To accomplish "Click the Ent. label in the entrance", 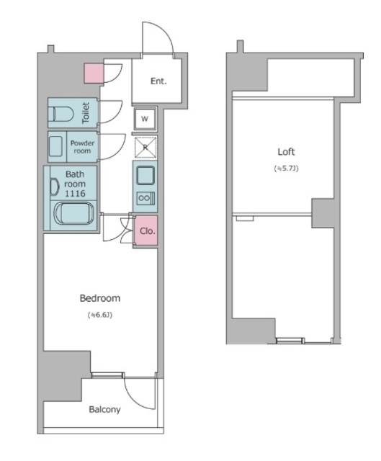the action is [158, 81].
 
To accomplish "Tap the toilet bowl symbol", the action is [60, 114].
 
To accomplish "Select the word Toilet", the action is [86, 112].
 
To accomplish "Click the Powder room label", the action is [82, 147].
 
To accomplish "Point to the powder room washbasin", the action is [55, 146].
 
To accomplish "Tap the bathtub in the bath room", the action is [73, 214].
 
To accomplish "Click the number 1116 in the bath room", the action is [75, 194].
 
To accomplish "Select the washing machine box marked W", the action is [145, 119].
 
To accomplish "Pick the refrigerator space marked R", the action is [145, 148].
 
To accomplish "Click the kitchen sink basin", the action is [145, 175].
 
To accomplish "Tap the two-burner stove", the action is [145, 198].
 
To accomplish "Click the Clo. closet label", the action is [147, 231].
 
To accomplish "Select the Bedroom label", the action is [100, 298].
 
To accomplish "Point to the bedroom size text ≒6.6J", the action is [100, 315].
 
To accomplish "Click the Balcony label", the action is [104, 410].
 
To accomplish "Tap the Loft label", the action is [286, 152].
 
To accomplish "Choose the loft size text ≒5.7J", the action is [286, 169].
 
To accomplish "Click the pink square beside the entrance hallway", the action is [94, 73].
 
